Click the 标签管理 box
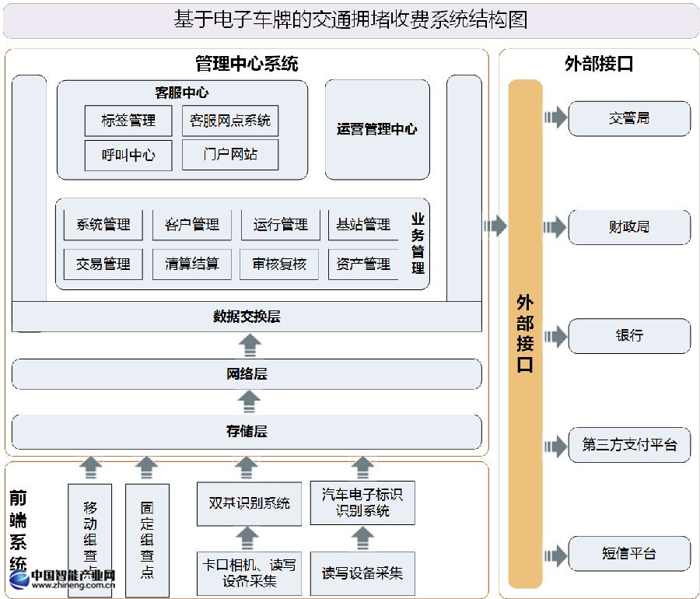coord(128,121)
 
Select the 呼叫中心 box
coord(128,155)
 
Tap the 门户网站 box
coord(230,155)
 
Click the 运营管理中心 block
coord(376,129)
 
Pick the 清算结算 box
coord(192,264)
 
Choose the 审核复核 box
coord(279,264)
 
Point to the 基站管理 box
coord(363,225)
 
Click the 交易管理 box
coord(103,264)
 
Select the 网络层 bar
coord(247,374)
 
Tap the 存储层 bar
coord(247,431)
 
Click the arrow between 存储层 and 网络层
coord(249,401)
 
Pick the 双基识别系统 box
coord(249,503)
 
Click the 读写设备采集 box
coord(362,574)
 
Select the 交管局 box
coord(629,118)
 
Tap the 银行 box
coord(629,336)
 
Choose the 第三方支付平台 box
coord(629,445)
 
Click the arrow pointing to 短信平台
coord(555,553)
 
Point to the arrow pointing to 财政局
coord(555,227)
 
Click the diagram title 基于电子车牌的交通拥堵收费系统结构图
coord(351,20)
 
